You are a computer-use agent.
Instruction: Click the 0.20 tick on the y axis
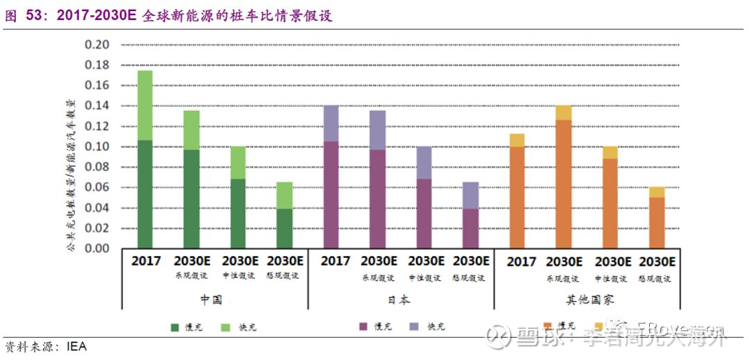point(97,45)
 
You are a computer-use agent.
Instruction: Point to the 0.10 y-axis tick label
point(97,146)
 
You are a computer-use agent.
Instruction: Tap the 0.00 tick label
point(97,248)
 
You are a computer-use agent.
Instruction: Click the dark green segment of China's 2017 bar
point(145,194)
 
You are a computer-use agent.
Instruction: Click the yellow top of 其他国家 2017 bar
point(517,140)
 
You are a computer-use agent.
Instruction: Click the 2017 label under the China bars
point(146,262)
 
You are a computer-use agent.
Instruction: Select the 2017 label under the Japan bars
point(336,262)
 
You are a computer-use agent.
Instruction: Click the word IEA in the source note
point(77,346)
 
